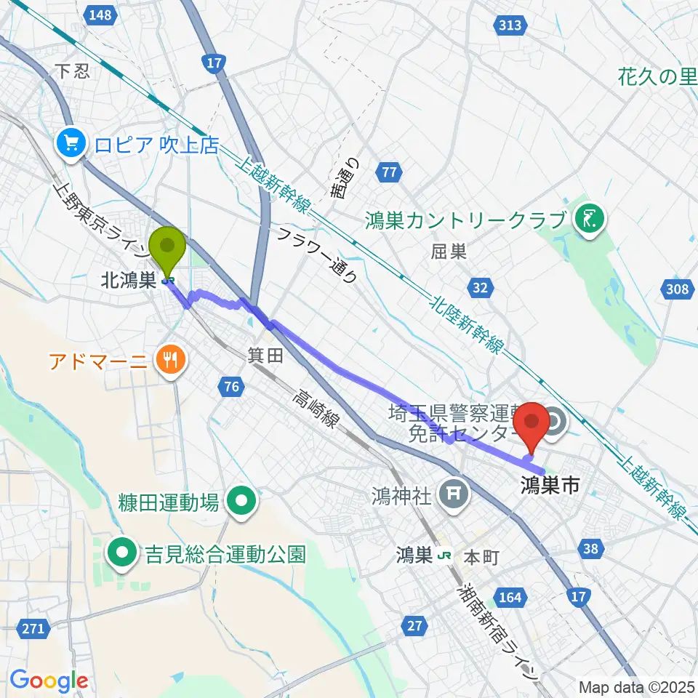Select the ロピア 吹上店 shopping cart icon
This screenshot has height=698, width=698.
pyautogui.click(x=71, y=143)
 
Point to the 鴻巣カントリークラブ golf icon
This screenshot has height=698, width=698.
pyautogui.click(x=587, y=218)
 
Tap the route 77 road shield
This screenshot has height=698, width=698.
pyautogui.click(x=390, y=172)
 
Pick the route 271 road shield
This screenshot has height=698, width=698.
pyautogui.click(x=35, y=627)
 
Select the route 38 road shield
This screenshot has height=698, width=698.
pyautogui.click(x=591, y=550)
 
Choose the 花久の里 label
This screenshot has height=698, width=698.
pyautogui.click(x=657, y=76)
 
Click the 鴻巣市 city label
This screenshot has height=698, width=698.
pyautogui.click(x=550, y=486)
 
